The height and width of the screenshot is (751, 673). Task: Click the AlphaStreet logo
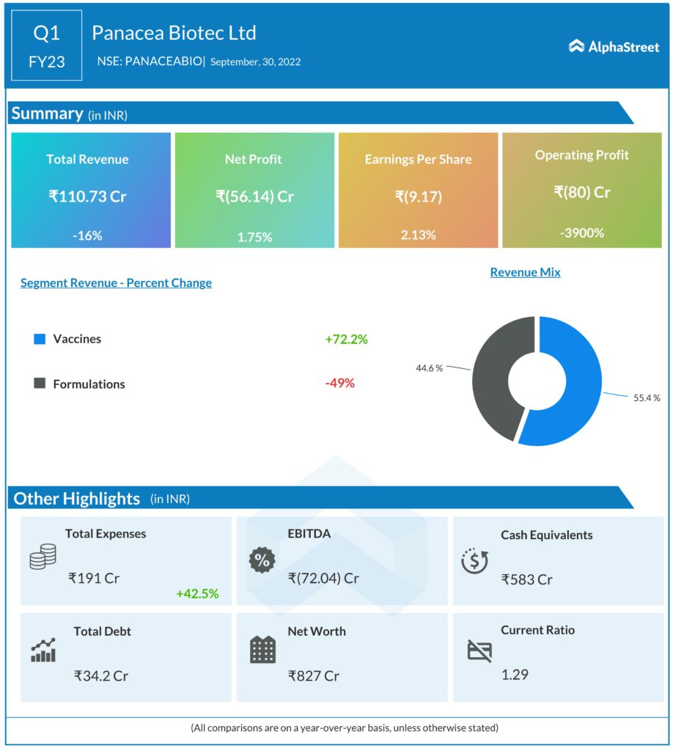tap(614, 47)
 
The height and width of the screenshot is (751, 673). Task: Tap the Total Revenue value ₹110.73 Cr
tap(87, 197)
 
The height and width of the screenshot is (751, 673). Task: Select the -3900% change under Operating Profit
tap(581, 232)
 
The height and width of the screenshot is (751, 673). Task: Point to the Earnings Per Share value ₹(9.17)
tap(418, 197)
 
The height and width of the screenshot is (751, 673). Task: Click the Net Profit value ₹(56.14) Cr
tap(254, 197)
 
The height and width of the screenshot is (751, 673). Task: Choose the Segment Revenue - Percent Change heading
tap(116, 283)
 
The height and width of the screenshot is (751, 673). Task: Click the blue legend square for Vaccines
tap(40, 339)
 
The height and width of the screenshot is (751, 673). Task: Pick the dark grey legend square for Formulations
tap(40, 384)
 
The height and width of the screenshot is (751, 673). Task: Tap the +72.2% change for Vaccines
tap(346, 339)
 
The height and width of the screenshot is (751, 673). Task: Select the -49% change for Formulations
tap(339, 384)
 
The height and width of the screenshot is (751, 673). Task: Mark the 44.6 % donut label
tap(429, 367)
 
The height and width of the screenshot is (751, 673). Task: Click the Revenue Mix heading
tap(525, 272)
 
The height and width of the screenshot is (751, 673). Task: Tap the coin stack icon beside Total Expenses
tap(42, 558)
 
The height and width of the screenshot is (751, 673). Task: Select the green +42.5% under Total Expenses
tap(197, 593)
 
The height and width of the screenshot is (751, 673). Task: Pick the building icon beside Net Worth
tap(262, 649)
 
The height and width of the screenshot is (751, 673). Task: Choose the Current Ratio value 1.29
tap(515, 674)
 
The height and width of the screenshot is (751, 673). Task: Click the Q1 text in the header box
tap(47, 34)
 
